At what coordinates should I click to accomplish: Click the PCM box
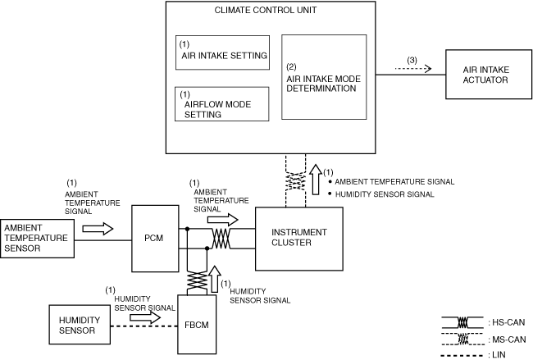[x=153, y=239]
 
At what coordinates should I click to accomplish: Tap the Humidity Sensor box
[x=77, y=326]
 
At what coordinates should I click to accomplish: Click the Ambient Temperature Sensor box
[x=38, y=238]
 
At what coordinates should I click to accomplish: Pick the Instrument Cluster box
[x=298, y=238]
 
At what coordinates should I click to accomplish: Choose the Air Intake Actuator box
[x=485, y=75]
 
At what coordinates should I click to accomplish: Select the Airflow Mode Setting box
[x=223, y=104]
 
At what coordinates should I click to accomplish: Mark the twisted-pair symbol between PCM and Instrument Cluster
[x=221, y=238]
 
